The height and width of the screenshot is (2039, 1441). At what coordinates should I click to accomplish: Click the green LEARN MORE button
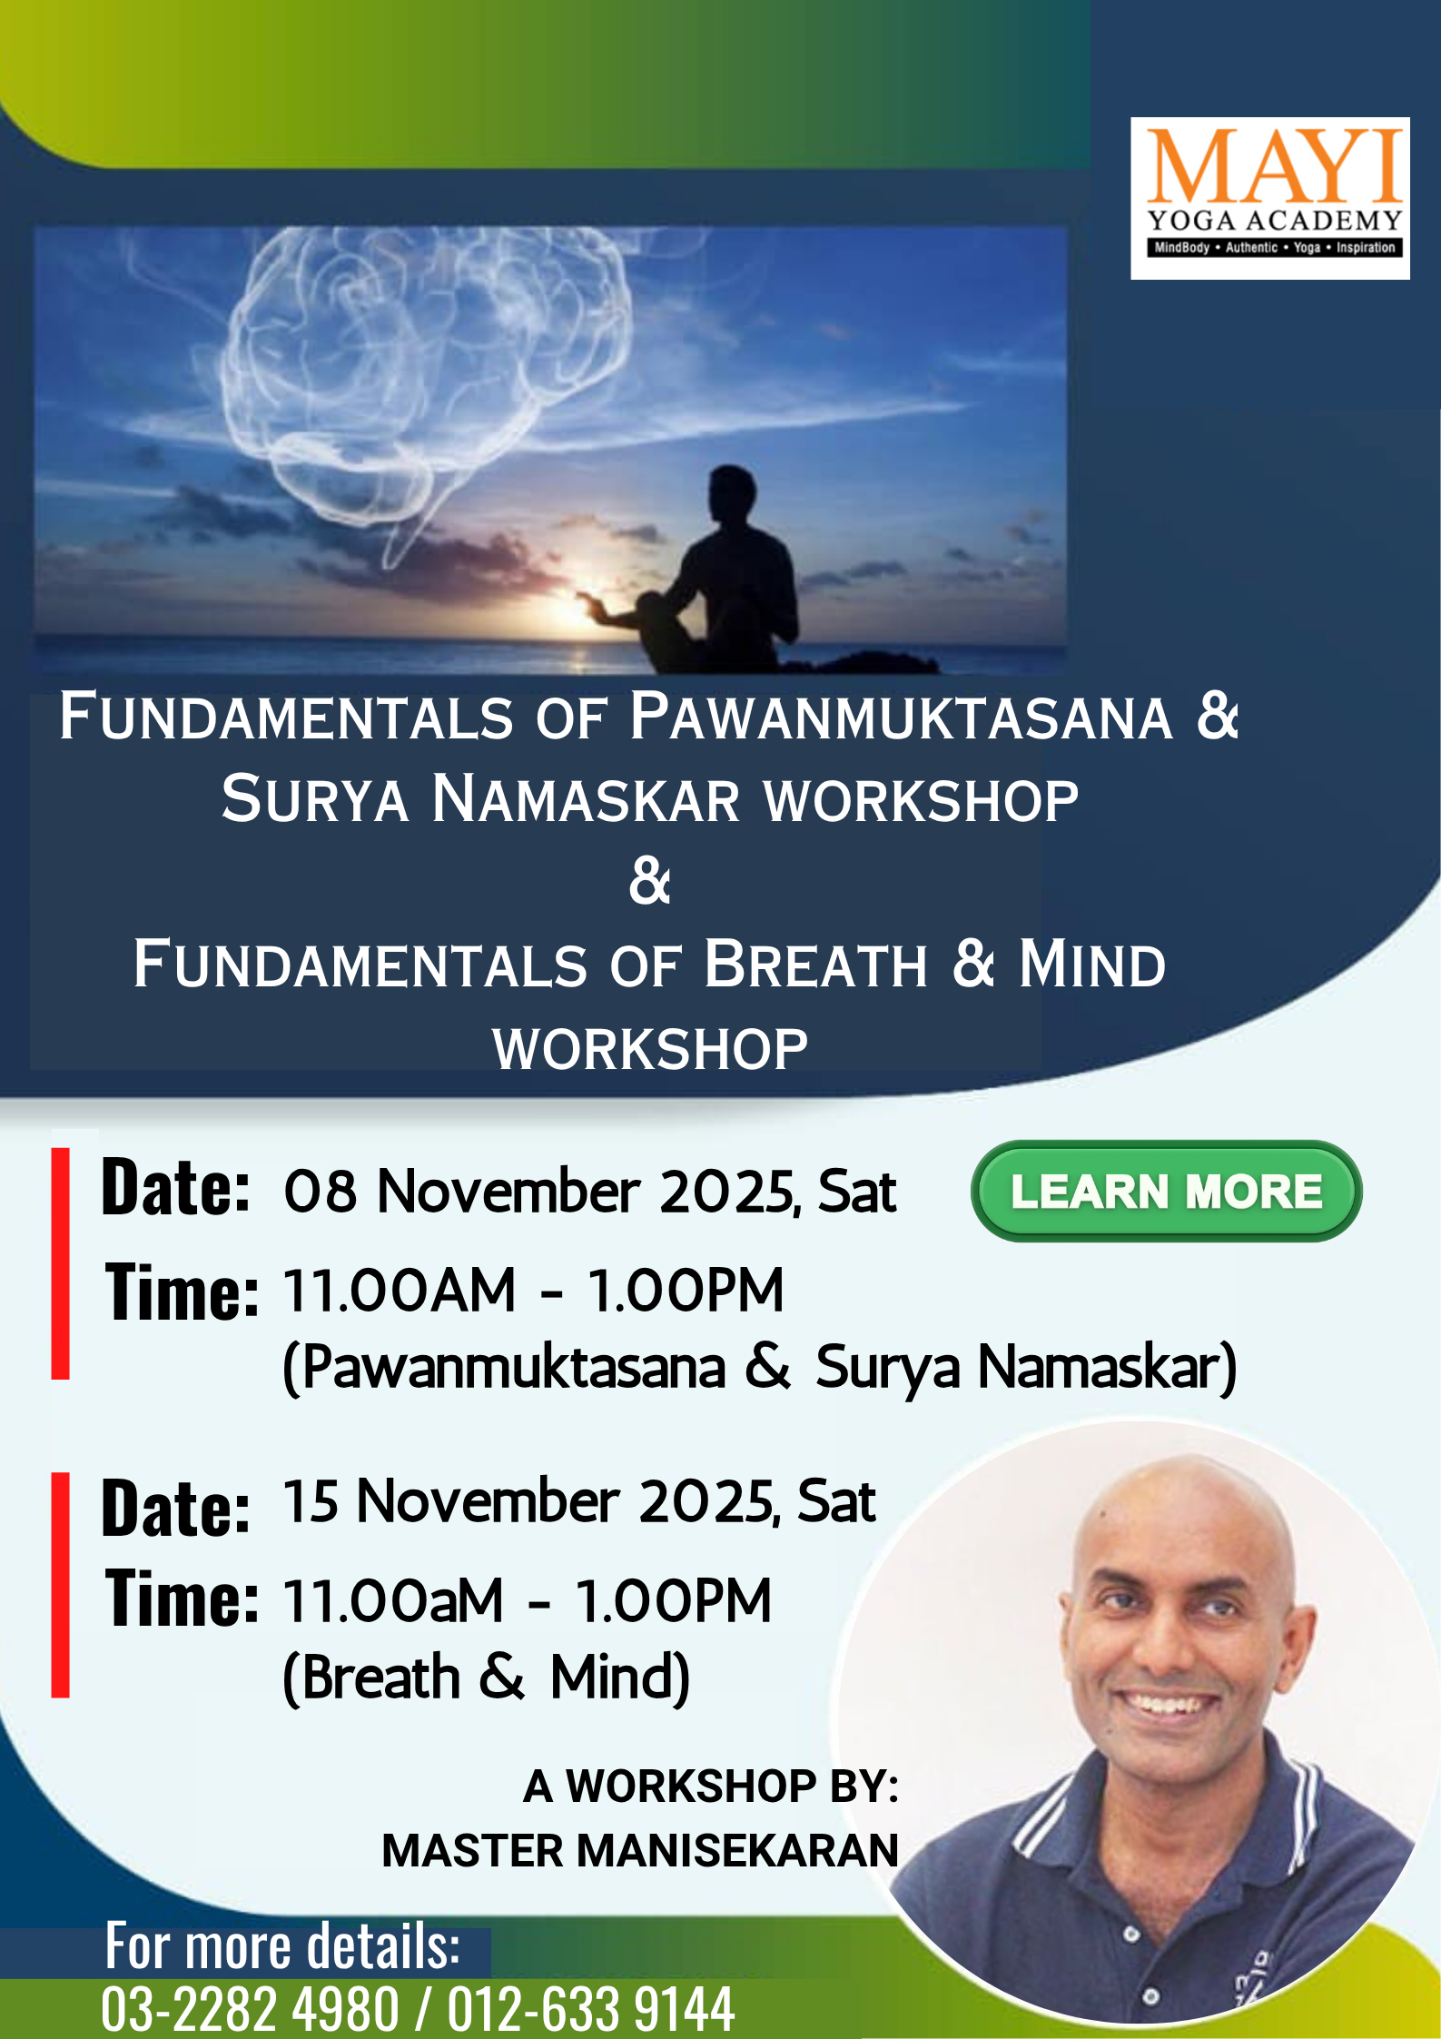coord(1166,1191)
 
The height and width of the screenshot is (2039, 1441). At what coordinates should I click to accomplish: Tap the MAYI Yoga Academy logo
coord(1269,198)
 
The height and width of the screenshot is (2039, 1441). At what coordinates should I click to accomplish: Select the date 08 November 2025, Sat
coord(589,1191)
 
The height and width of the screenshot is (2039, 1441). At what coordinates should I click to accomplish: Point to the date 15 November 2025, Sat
coord(579,1500)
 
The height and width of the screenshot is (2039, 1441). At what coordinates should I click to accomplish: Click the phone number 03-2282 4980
coord(250,2008)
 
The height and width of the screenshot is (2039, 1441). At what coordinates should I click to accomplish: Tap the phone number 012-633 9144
coord(590,2008)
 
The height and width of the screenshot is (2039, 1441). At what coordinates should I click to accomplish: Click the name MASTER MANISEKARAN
coord(640,1850)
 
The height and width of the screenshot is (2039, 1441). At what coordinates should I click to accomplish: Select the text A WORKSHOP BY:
coord(711,1786)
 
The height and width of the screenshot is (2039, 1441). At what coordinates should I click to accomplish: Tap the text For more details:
coord(282,1945)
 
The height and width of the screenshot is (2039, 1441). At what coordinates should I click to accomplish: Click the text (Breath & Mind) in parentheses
coord(487,1677)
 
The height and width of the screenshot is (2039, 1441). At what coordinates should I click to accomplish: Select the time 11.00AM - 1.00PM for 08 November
coord(533,1290)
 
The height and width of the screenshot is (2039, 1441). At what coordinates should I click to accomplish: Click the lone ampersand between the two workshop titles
coord(650,880)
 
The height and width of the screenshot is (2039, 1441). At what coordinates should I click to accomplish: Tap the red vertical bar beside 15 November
coord(61,1585)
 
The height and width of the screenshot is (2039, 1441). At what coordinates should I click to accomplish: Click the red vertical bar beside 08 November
coord(61,1263)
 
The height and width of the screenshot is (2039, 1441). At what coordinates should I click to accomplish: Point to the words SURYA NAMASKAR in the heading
coord(481,799)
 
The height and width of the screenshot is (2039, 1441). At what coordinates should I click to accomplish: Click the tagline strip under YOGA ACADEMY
coord(1275,247)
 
